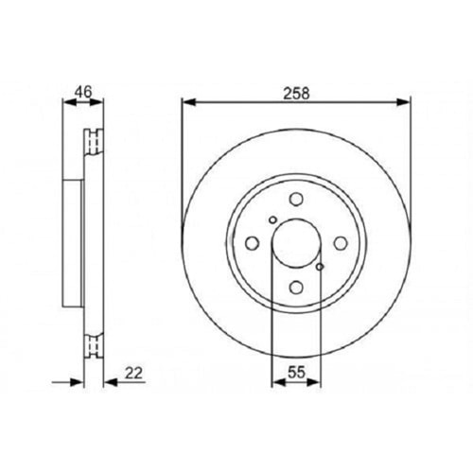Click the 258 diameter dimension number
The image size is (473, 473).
point(296,94)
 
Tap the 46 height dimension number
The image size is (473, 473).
point(83,92)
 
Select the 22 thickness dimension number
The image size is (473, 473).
point(133,373)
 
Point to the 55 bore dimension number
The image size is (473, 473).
point(296,373)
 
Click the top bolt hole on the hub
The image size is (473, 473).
point(296,200)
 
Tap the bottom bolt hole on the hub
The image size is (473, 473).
point(296,288)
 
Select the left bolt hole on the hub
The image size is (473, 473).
point(252,243)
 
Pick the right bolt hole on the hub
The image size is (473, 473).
point(341,243)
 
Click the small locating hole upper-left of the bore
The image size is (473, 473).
point(273,219)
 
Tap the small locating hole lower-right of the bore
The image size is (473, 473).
point(320,267)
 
